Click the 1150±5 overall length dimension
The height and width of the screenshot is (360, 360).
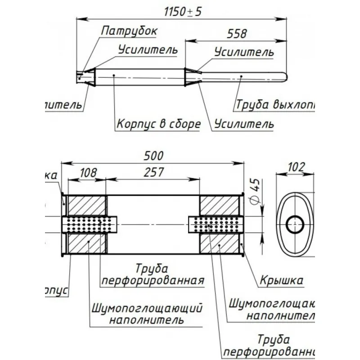pos(182,12)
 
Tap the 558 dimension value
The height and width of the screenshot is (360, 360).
pos(237,34)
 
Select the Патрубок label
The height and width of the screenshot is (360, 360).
pos(129,31)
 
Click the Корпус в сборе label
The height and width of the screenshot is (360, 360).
pos(158,124)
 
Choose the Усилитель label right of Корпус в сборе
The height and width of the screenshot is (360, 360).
pos(244,123)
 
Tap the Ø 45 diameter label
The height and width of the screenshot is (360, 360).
pos(255,186)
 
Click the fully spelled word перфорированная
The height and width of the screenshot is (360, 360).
pos(152,281)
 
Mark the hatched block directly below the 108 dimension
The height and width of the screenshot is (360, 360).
pos(87,205)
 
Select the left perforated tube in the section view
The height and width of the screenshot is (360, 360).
pos(90,224)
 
